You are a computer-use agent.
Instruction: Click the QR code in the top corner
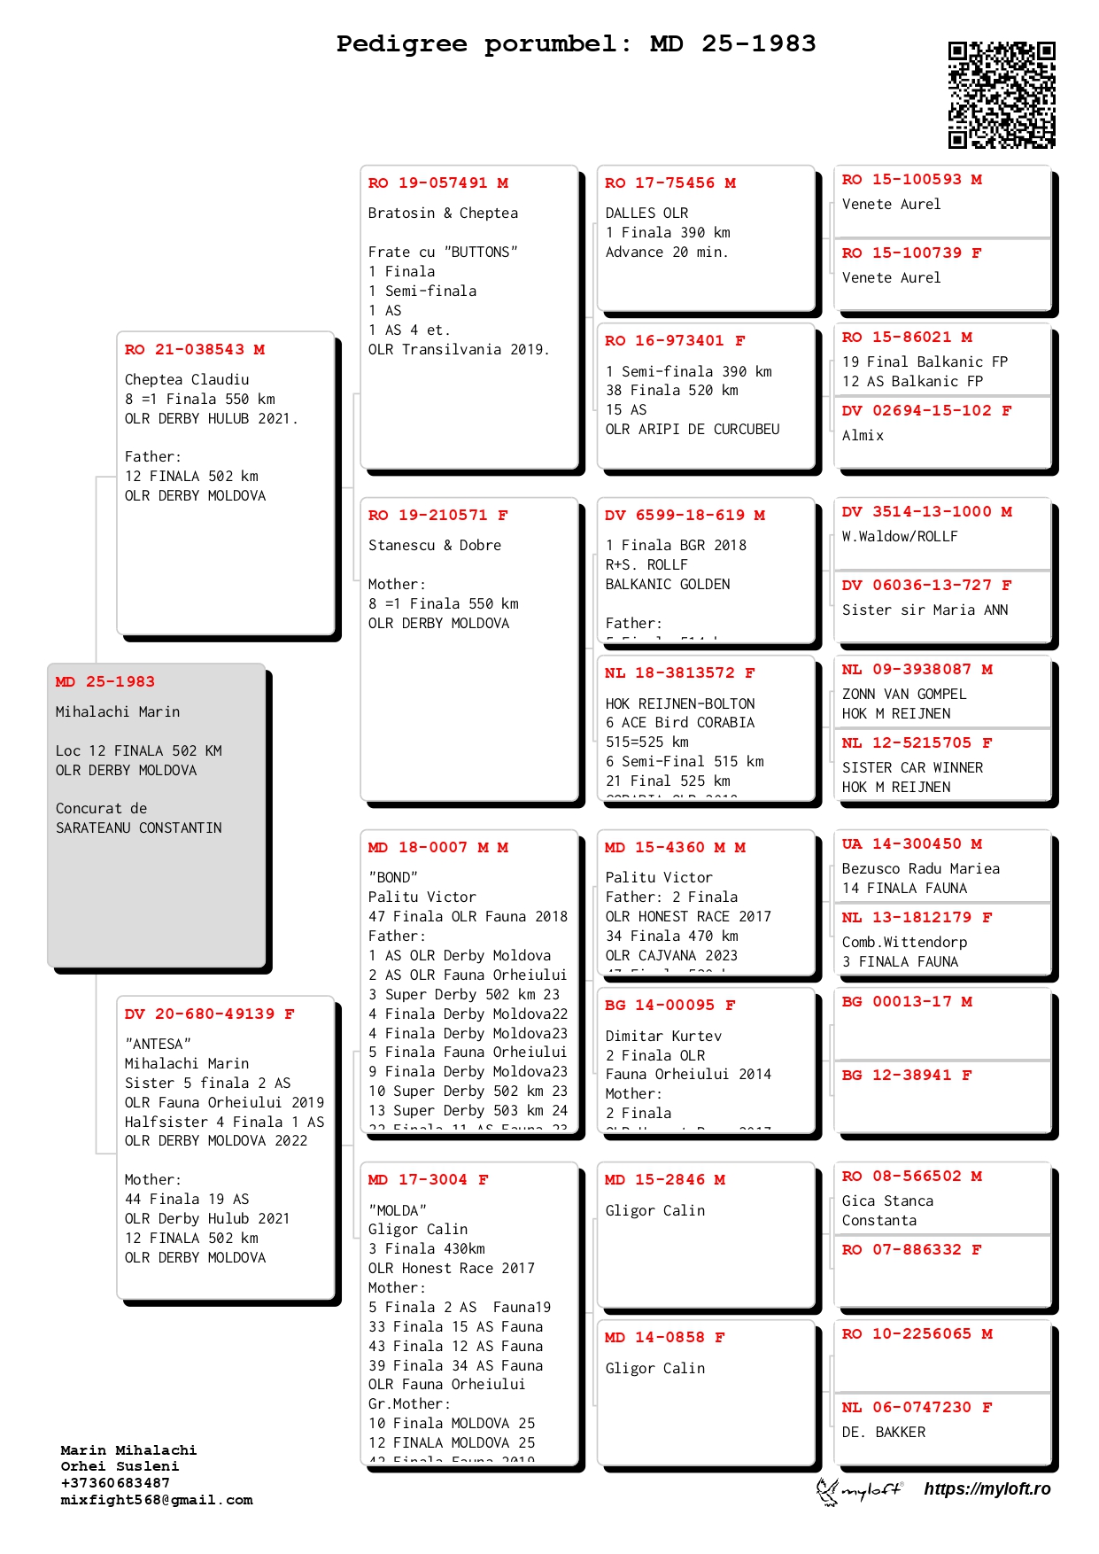1002,95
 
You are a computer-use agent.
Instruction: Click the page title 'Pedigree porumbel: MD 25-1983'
576,43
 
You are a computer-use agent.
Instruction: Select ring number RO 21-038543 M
195,350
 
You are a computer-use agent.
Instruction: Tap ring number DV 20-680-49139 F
209,1014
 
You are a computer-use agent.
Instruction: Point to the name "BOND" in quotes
392,878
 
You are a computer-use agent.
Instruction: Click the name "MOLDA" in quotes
397,1210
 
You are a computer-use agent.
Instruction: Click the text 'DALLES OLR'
646,214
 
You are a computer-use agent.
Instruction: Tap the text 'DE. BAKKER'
883,1433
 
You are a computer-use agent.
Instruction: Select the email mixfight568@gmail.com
157,1500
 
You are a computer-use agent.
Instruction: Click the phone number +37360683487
115,1483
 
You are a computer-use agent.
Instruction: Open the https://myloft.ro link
987,1489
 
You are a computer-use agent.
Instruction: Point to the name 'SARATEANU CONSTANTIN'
138,828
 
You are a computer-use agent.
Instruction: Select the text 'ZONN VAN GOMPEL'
903,695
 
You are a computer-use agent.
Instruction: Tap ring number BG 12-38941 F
906,1076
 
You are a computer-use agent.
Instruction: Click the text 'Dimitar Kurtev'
663,1037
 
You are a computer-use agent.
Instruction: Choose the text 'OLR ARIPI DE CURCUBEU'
693,430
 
